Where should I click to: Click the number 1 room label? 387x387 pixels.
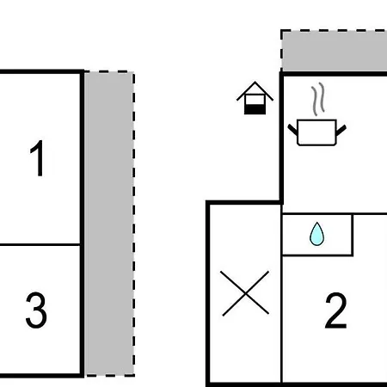click(37, 158)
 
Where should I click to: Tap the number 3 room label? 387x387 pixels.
click(36, 310)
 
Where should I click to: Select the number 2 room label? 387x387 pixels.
click(335, 310)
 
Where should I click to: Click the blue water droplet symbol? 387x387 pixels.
click(317, 234)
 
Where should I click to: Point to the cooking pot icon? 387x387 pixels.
click(316, 132)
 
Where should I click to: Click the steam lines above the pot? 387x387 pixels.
click(318, 99)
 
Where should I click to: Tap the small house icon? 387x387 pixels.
click(255, 98)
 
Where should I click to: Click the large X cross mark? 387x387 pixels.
click(245, 293)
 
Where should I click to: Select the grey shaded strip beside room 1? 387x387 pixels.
click(109, 224)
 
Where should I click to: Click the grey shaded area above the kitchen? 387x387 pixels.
click(335, 51)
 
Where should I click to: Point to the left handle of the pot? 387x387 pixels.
click(292, 130)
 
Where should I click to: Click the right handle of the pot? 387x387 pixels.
click(341, 130)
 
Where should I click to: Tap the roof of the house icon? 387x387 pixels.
click(255, 91)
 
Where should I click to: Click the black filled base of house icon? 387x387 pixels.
click(255, 109)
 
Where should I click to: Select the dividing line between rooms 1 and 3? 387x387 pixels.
click(40, 244)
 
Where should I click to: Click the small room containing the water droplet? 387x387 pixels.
click(317, 234)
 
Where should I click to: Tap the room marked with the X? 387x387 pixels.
click(245, 292)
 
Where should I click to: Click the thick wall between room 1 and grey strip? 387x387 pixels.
click(83, 224)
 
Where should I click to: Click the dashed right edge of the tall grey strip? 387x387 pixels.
click(134, 224)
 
